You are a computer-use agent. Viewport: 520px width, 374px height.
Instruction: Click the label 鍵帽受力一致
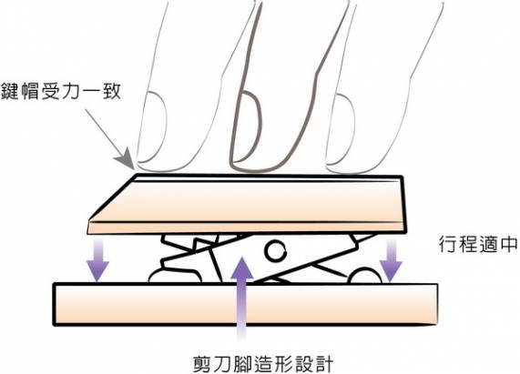(61, 91)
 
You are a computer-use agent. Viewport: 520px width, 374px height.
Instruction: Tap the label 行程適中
(478, 245)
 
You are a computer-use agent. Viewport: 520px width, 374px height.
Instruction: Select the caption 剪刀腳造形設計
(263, 364)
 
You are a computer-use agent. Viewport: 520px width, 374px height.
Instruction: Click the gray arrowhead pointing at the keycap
(125, 158)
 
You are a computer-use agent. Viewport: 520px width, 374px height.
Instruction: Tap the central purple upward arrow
(242, 298)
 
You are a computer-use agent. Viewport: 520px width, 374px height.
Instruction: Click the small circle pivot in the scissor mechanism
(275, 251)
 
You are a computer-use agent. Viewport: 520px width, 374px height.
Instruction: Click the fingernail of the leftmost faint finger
(153, 126)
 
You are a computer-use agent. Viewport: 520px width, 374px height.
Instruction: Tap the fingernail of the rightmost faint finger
(342, 129)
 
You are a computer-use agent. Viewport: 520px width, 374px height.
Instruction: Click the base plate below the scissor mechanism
(245, 304)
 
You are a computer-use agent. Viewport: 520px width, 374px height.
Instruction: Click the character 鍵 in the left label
(10, 91)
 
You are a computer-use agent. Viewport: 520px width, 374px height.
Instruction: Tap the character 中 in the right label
(508, 245)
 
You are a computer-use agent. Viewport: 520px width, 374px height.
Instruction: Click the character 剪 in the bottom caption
(202, 364)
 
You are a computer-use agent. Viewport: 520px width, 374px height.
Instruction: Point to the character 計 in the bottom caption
(324, 364)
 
